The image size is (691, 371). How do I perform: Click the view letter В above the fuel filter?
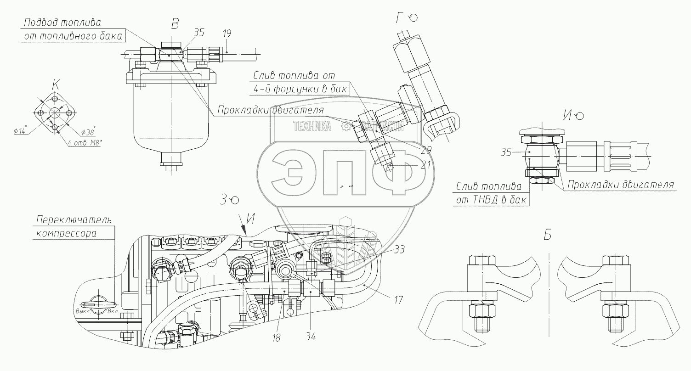coord(174,24)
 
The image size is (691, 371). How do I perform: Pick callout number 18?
coord(276,338)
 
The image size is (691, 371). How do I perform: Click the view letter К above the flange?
coord(56,84)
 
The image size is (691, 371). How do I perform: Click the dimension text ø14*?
coord(21,131)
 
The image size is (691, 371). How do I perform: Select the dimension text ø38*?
coord(88,132)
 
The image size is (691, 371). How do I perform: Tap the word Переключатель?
coord(74,219)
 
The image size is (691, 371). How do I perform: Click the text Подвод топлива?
coord(62,22)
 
